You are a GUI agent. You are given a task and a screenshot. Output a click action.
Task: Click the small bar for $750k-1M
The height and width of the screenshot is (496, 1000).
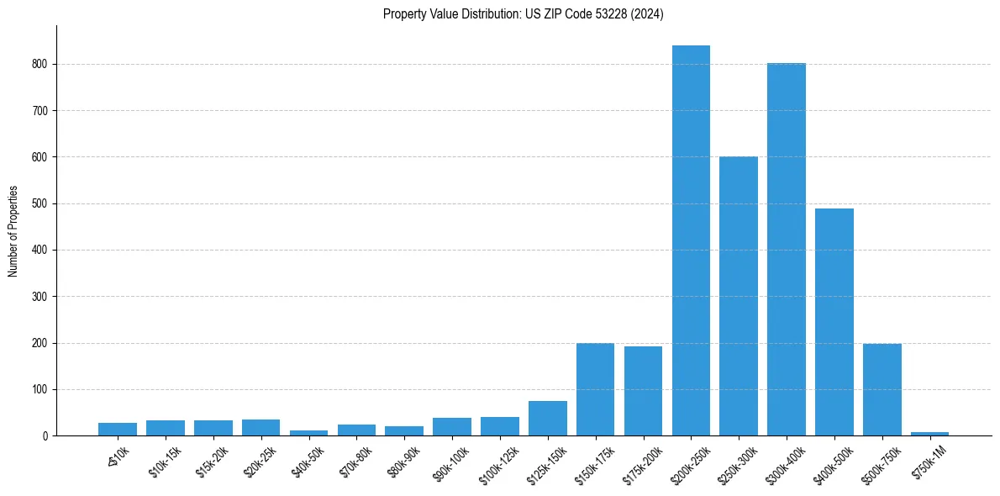click(929, 434)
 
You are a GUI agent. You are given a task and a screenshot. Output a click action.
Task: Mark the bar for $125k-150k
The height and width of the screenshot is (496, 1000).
click(547, 418)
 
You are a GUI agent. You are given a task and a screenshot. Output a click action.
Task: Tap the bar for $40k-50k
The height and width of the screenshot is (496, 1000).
click(308, 433)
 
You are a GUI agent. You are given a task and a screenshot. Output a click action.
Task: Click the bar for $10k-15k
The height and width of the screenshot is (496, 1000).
click(166, 428)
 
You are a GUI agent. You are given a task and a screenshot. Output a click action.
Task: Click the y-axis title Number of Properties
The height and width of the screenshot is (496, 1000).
click(13, 231)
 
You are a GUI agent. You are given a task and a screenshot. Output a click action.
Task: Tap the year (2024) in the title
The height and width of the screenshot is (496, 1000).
click(648, 14)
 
